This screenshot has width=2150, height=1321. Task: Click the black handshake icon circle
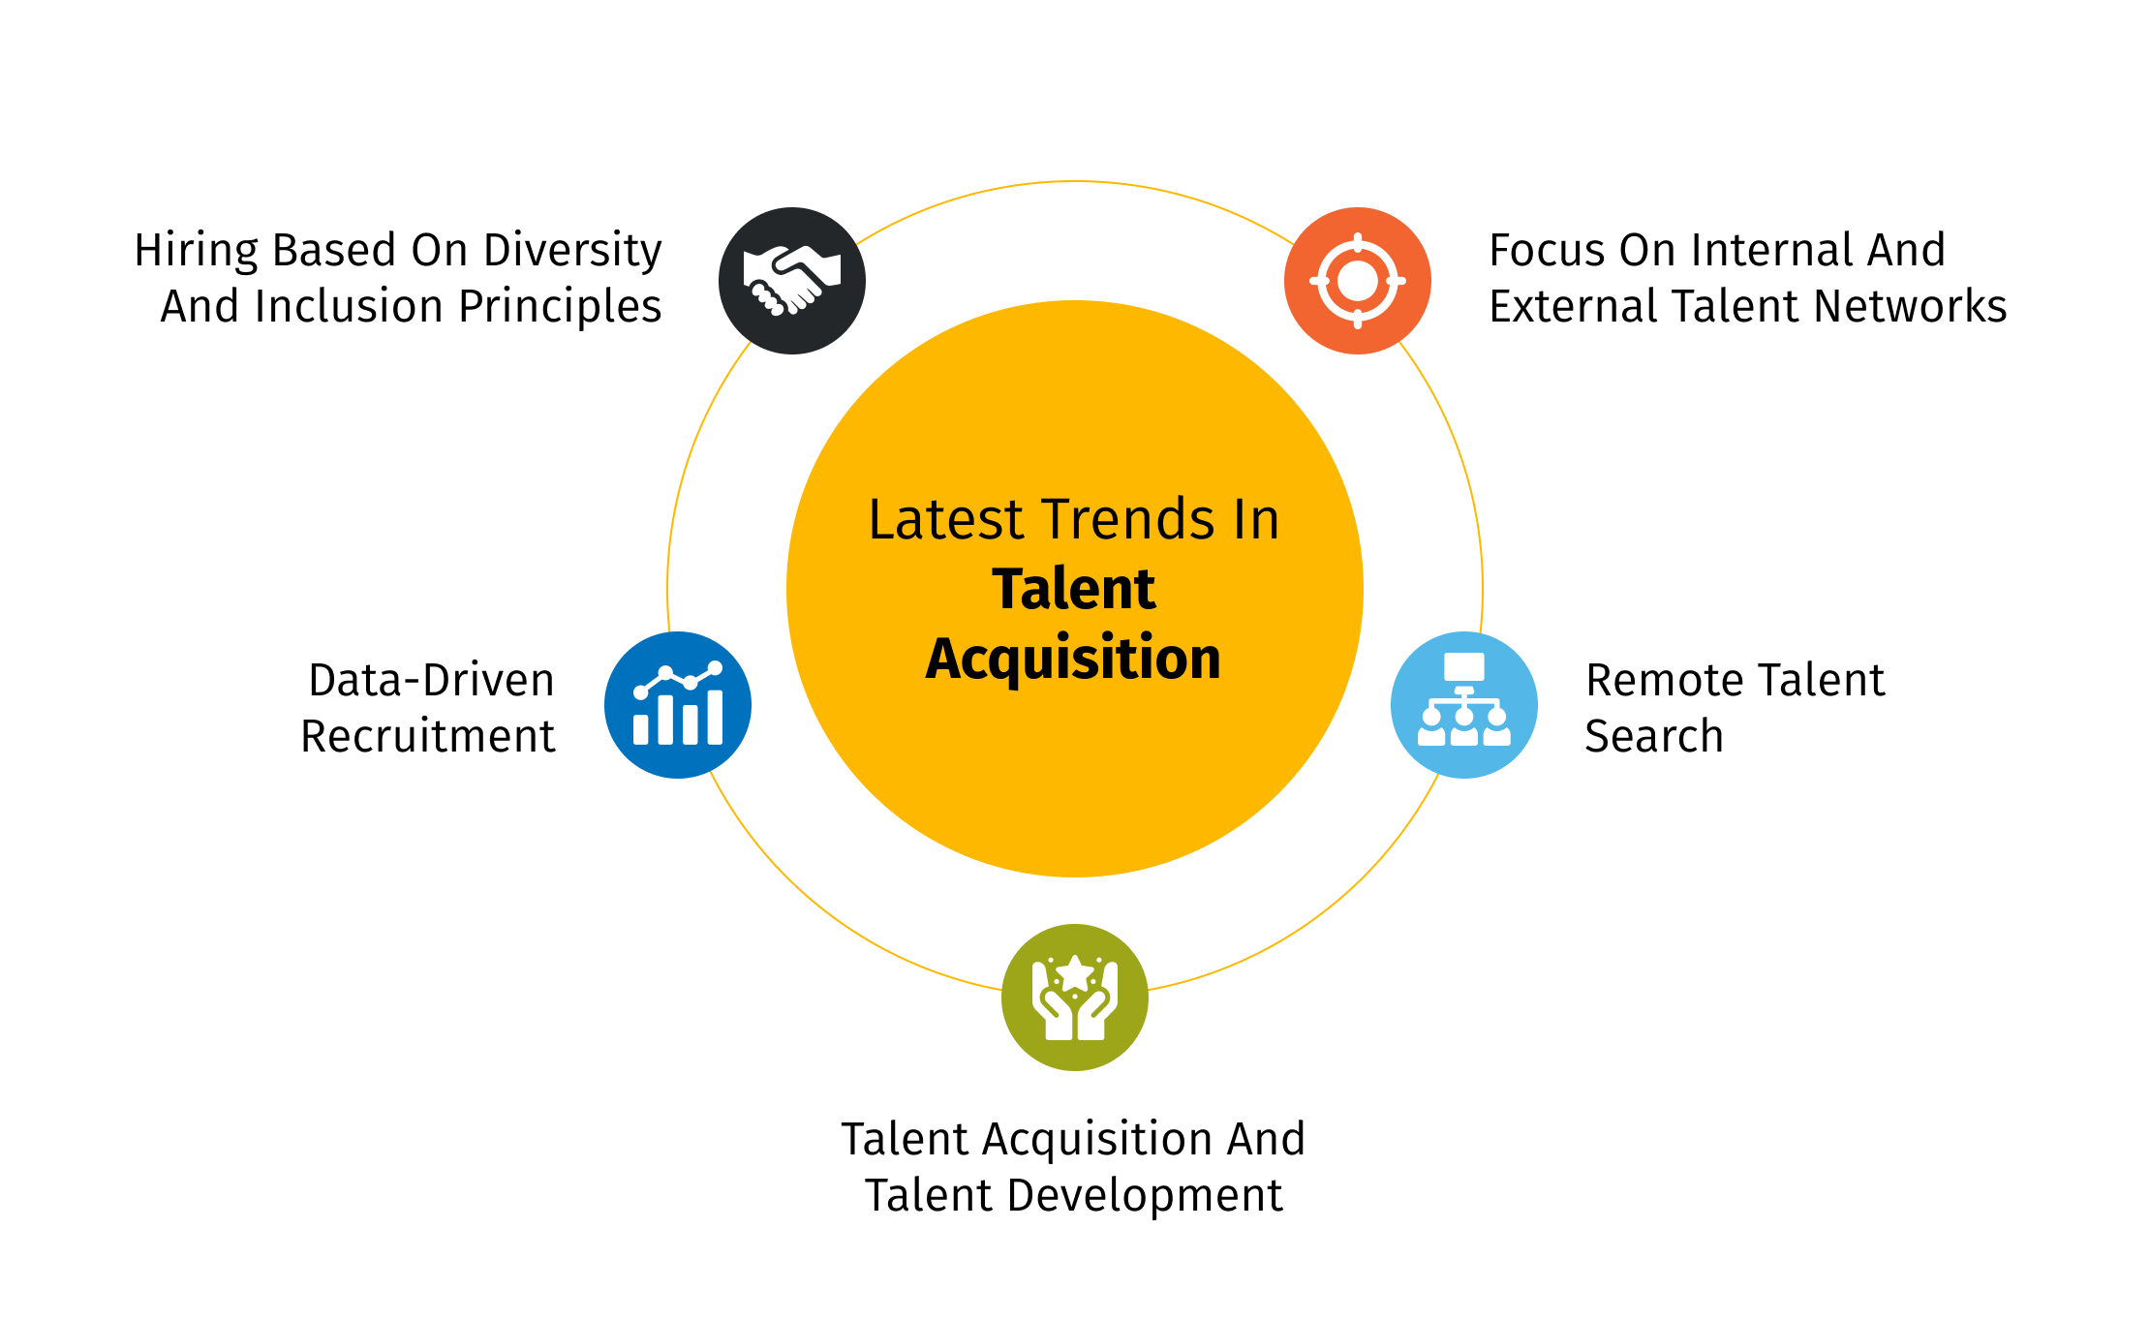(x=792, y=281)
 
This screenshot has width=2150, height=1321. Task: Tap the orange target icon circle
(x=1358, y=281)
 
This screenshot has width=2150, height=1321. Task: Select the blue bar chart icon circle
(x=678, y=705)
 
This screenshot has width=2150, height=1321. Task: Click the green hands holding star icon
(x=1075, y=998)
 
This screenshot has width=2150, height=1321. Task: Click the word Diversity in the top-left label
(x=572, y=252)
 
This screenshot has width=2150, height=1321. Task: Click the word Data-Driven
(x=431, y=680)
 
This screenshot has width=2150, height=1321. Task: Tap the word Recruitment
(x=427, y=736)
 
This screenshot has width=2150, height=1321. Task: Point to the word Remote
(x=1658, y=680)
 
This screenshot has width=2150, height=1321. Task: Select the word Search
(x=1654, y=736)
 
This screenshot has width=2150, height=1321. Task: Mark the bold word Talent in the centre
(x=1074, y=589)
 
